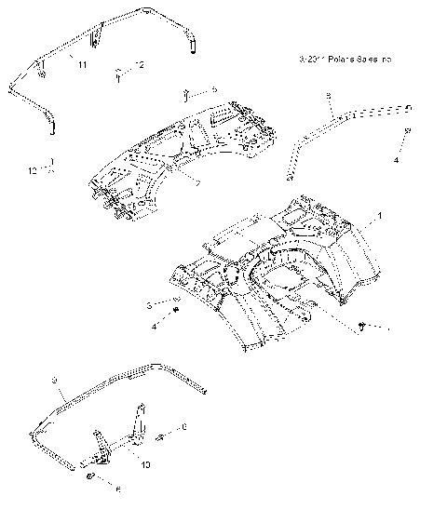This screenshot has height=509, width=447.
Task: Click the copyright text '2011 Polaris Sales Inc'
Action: [x=345, y=59]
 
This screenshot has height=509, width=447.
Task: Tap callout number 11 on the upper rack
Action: [x=82, y=64]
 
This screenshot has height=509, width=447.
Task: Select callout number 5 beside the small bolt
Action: [x=213, y=88]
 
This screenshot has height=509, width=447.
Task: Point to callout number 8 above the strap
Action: [x=329, y=97]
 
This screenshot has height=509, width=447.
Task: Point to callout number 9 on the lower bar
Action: [x=55, y=380]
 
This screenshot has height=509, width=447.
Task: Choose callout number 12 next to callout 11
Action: [x=141, y=64]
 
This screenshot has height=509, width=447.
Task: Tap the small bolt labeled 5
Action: [x=187, y=92]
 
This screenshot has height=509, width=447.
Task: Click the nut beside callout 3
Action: [x=176, y=301]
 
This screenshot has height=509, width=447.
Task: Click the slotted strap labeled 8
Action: [x=354, y=115]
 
